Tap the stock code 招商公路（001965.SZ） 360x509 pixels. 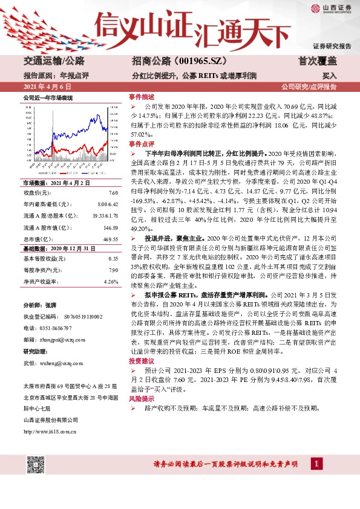[171, 61]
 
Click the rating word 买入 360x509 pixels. [330, 76]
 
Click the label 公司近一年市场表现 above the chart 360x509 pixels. [48, 97]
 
